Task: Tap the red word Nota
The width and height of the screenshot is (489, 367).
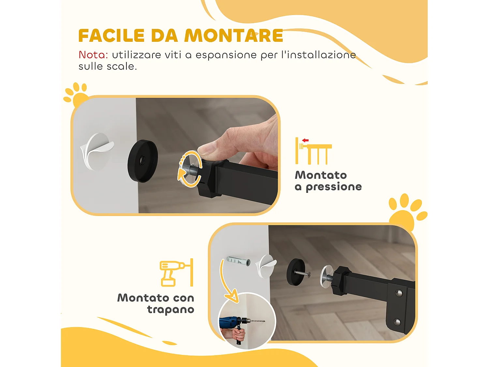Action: (93, 55)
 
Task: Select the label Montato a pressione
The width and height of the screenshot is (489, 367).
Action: (328, 181)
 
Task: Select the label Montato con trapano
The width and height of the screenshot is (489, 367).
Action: (156, 303)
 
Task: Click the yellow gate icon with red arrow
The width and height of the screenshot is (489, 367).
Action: (313, 151)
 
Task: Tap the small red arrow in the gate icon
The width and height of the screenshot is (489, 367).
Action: (305, 140)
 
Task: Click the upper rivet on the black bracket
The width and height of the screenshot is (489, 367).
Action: (398, 293)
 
